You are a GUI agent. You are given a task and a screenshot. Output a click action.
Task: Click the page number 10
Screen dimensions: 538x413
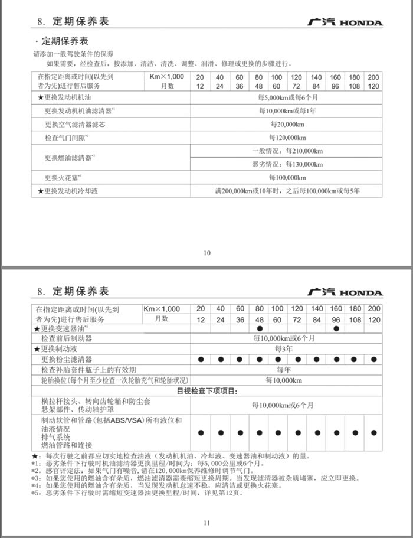[x=206, y=253]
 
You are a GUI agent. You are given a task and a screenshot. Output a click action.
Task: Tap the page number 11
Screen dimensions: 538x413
[x=206, y=522]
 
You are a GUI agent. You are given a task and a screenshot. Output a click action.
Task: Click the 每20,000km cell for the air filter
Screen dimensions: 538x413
[x=287, y=125]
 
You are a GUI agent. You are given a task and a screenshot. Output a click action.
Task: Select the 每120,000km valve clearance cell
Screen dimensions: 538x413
[x=287, y=138]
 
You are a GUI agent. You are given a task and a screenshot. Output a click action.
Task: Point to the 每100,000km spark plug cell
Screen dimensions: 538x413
[x=287, y=177]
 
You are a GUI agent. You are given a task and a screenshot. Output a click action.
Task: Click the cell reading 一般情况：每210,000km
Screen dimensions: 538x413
[x=287, y=151]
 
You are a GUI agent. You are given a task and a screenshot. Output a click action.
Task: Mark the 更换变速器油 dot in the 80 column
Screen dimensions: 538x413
[x=259, y=328]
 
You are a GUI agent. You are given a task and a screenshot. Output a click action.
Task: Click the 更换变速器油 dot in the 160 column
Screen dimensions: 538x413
[x=335, y=328]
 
